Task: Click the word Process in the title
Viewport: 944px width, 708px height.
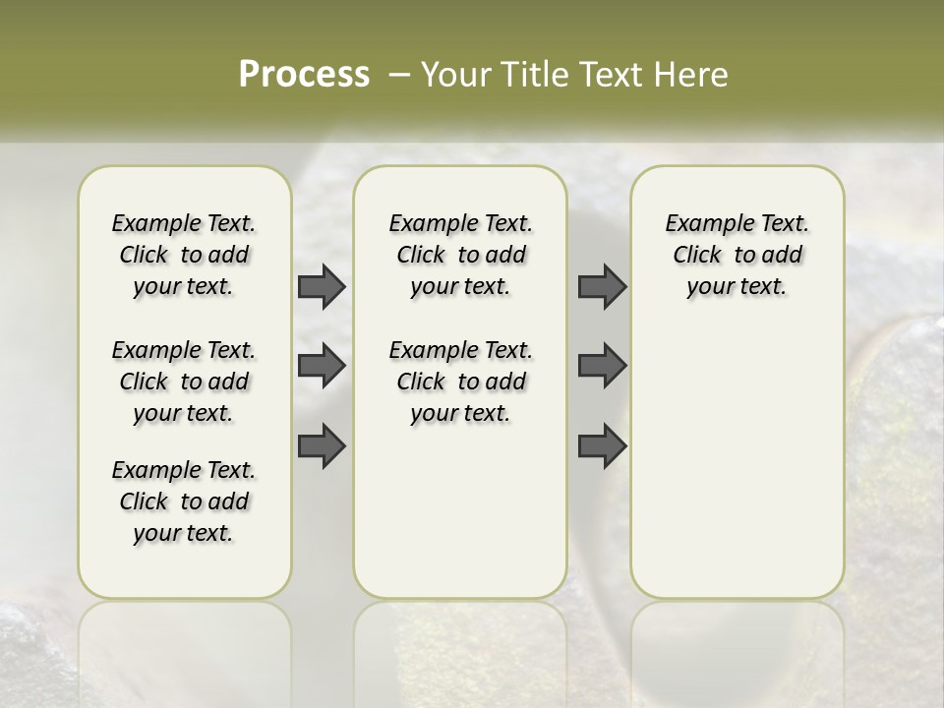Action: pos(304,75)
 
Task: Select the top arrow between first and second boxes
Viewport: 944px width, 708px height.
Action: pos(322,286)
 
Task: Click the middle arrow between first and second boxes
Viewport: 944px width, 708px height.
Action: pos(322,366)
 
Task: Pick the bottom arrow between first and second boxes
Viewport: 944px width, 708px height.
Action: pos(322,445)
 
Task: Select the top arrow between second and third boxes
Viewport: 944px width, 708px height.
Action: pos(602,286)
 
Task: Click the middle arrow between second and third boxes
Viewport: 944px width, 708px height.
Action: pos(602,366)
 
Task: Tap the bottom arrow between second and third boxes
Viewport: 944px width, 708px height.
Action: pos(602,445)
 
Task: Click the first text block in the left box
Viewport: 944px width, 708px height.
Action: pos(184,255)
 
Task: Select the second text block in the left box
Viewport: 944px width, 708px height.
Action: pos(184,382)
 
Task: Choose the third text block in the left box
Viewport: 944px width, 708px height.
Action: pos(184,501)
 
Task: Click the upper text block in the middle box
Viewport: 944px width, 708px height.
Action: pos(460,255)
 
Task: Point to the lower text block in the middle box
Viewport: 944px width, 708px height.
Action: pos(460,382)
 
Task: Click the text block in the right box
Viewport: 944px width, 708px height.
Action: pos(737,255)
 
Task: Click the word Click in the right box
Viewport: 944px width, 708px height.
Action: pos(697,255)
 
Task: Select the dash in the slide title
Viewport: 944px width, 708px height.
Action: pos(399,75)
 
